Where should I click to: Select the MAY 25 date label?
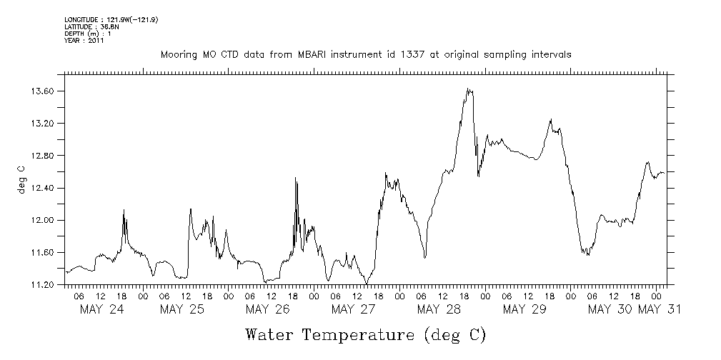click(182, 309)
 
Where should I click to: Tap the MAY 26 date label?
click(267, 309)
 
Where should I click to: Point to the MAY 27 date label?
click(353, 309)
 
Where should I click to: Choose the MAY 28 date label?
click(439, 309)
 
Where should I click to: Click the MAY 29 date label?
click(524, 309)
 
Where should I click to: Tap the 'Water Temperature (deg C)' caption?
click(365, 334)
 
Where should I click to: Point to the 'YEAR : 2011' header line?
click(85, 41)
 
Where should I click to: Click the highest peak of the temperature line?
click(468, 89)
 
